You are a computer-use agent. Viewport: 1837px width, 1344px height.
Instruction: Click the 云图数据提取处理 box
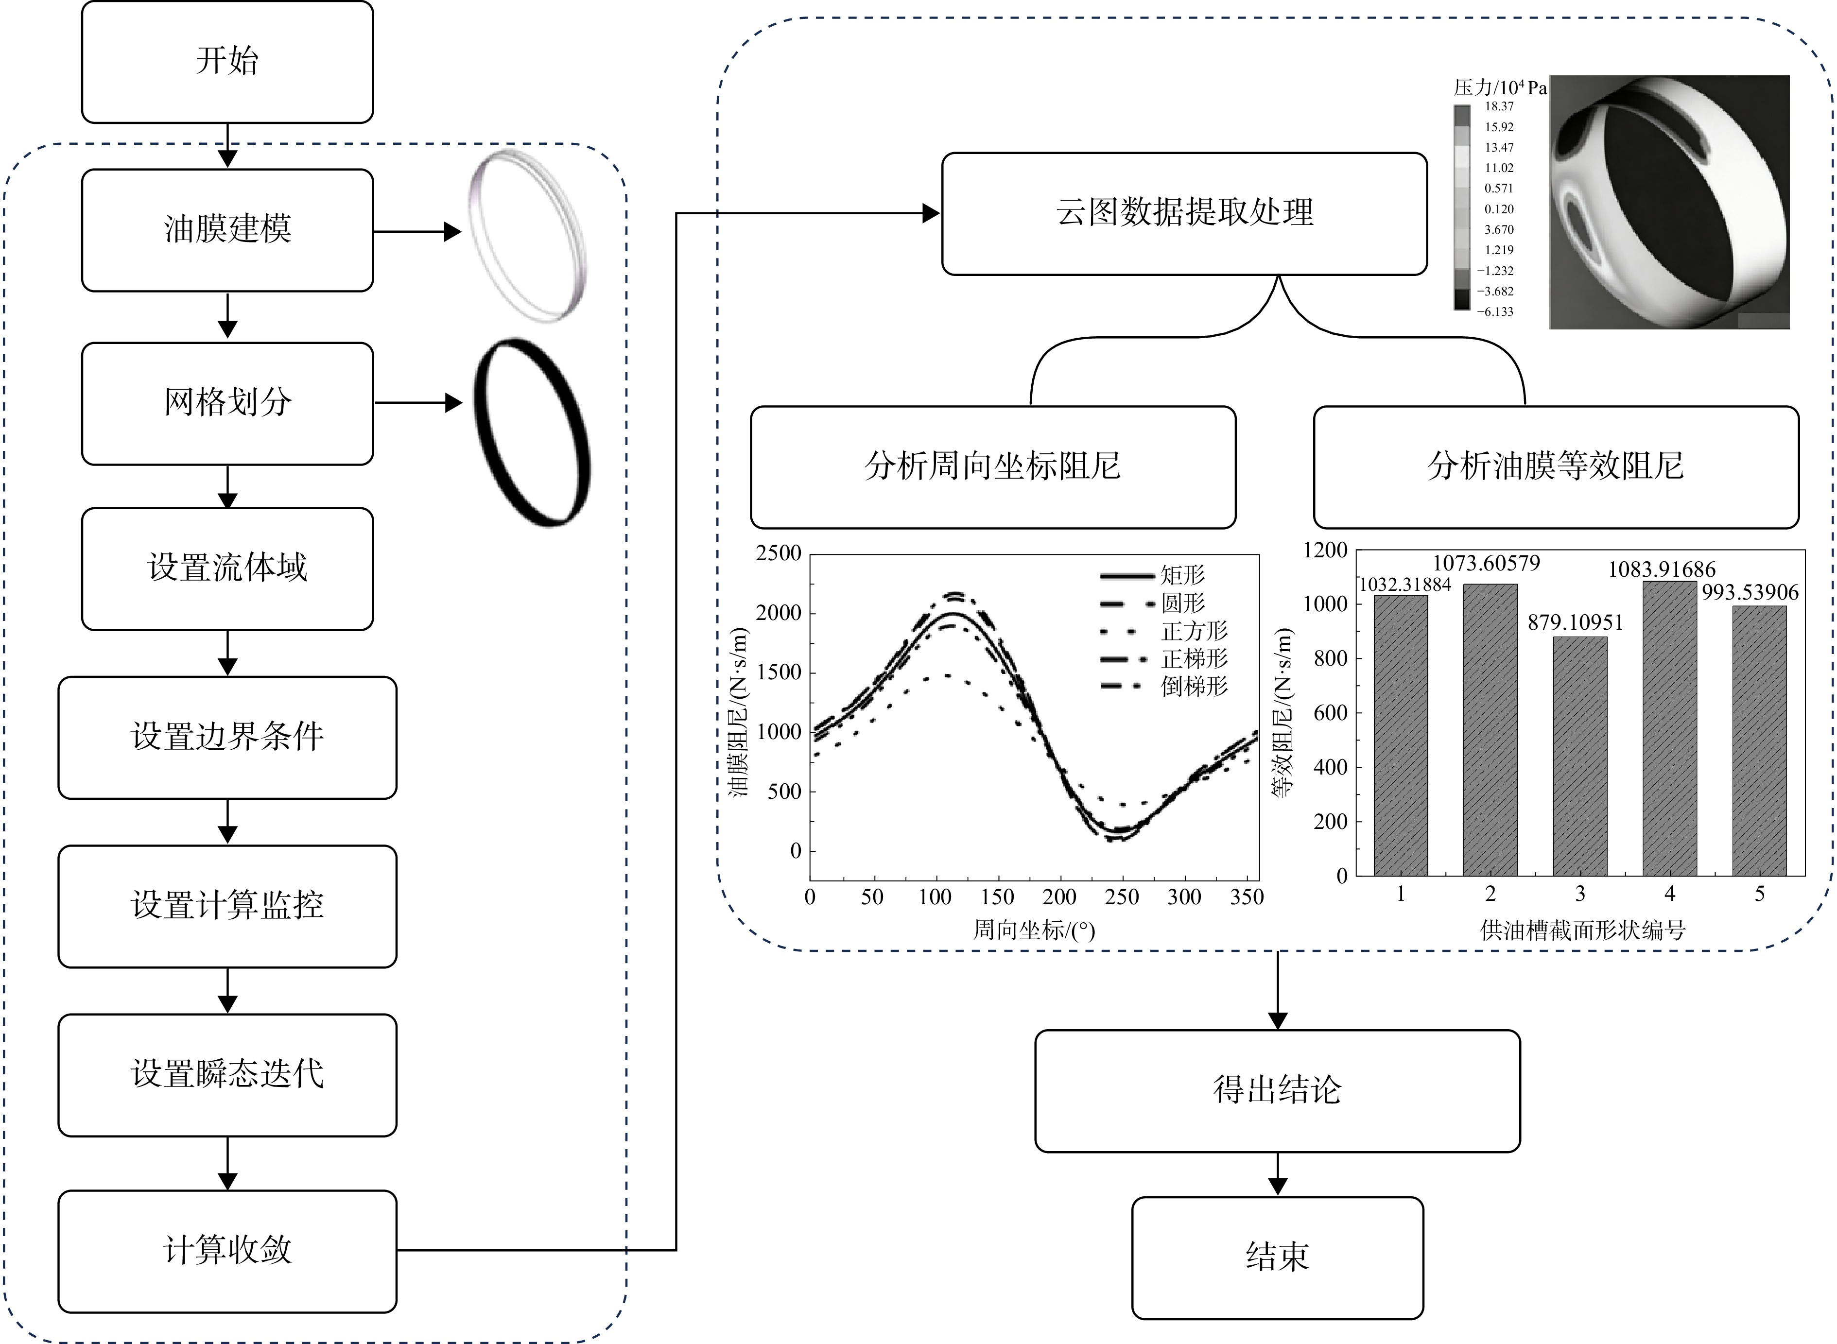click(1184, 214)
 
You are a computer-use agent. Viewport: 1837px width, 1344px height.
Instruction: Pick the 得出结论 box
click(1277, 1091)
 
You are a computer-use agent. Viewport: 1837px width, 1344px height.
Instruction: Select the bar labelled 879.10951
click(1580, 756)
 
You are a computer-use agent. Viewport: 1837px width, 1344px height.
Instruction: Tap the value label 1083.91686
click(1661, 569)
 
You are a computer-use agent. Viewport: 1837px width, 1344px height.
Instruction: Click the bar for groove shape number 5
click(1760, 741)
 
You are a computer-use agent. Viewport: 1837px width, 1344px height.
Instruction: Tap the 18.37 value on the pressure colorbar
click(1499, 106)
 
